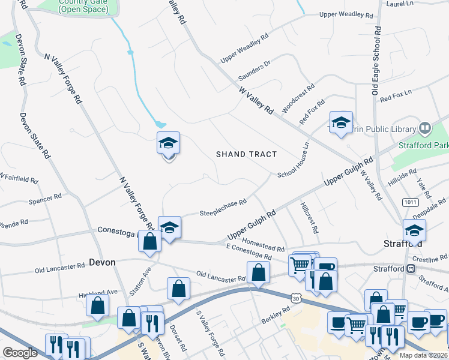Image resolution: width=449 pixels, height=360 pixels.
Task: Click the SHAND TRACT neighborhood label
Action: pyautogui.click(x=247, y=154)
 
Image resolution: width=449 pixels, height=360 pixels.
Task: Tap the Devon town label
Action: pyautogui.click(x=101, y=262)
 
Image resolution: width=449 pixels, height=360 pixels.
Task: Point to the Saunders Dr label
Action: pyautogui.click(x=255, y=70)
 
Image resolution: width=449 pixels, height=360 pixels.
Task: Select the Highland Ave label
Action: pyautogui.click(x=98, y=293)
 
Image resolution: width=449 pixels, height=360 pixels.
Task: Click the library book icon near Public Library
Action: pyautogui.click(x=425, y=128)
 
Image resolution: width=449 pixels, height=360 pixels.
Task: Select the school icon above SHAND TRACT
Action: pyautogui.click(x=169, y=144)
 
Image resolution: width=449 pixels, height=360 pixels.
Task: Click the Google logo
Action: pyautogui.click(x=20, y=353)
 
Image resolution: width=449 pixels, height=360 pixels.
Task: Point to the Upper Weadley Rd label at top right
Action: pyautogui.click(x=342, y=14)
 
